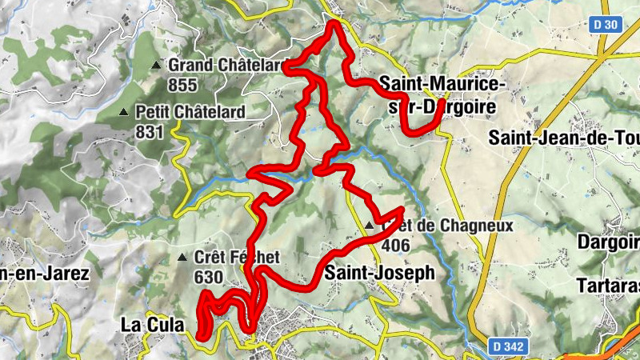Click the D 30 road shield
(607, 26)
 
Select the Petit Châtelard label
(190, 112)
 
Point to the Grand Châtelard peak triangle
(156, 65)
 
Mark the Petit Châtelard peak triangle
(124, 112)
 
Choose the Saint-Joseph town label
(379, 273)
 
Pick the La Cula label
(151, 325)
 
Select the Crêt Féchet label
(237, 258)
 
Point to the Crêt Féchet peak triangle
(182, 258)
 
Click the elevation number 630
(208, 276)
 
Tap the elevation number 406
(398, 245)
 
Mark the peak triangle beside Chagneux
(369, 226)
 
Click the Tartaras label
(608, 286)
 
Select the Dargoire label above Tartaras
(608, 241)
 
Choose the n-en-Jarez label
(44, 273)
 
